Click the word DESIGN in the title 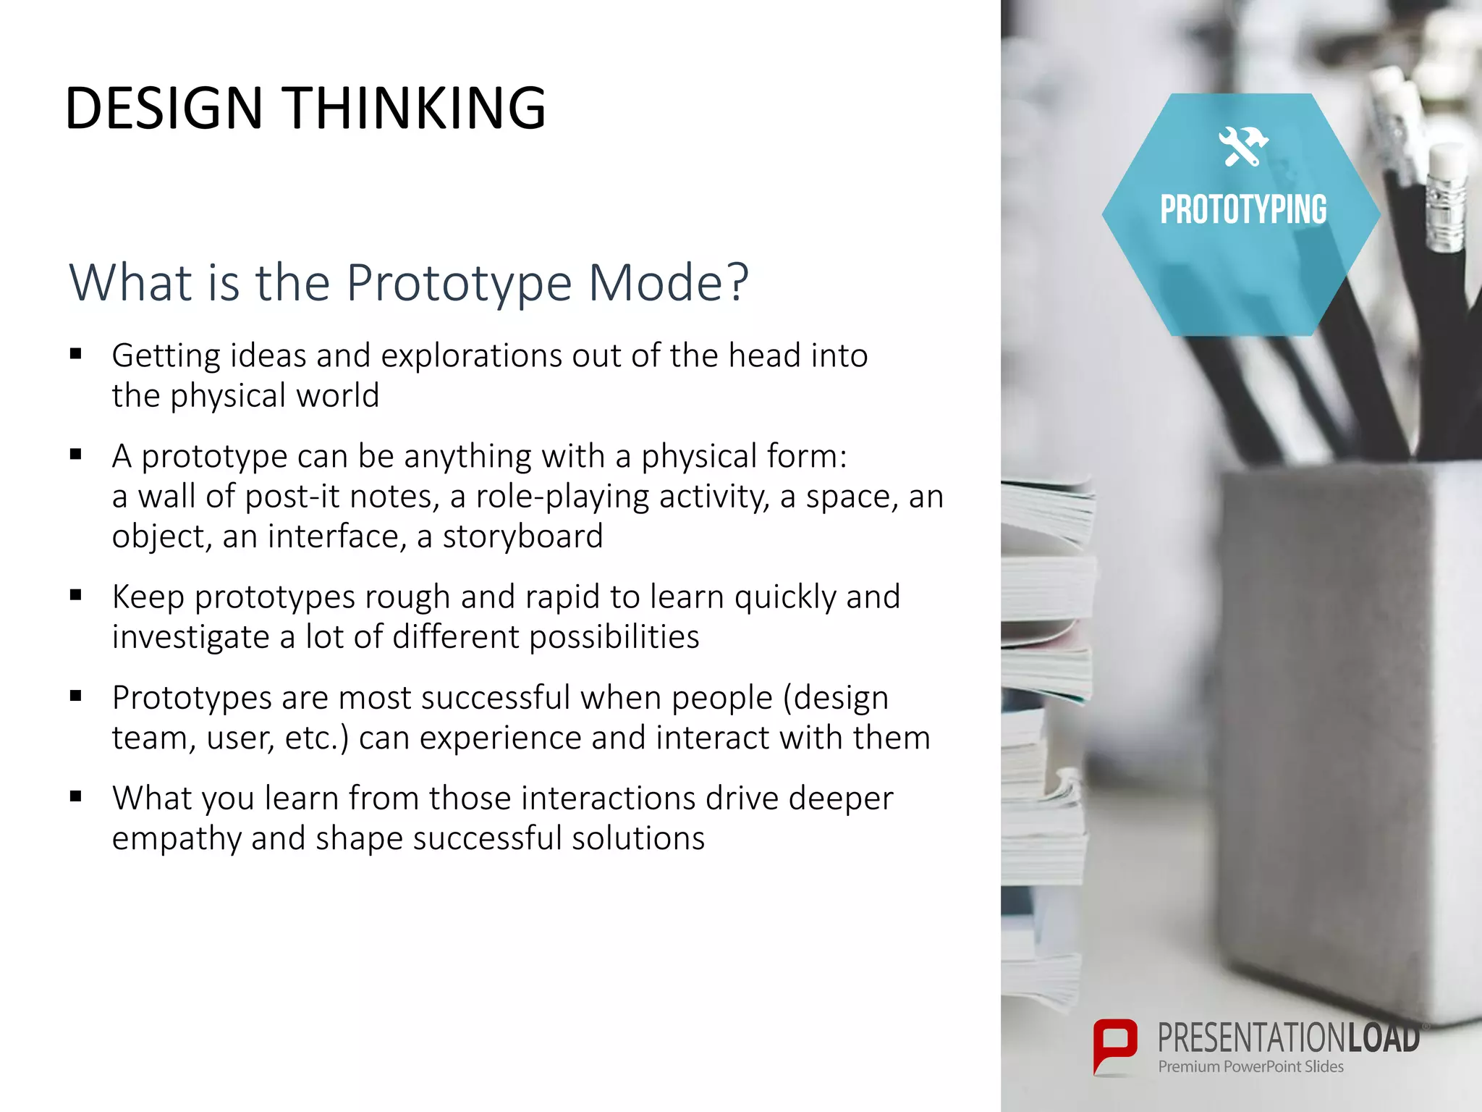point(164,109)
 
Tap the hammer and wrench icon point(1242,146)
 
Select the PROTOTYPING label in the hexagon point(1242,210)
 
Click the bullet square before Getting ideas point(76,354)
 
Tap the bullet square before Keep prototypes point(76,595)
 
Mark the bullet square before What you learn point(76,796)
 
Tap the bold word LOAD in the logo point(1383,1037)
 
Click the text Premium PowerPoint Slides point(1250,1066)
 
